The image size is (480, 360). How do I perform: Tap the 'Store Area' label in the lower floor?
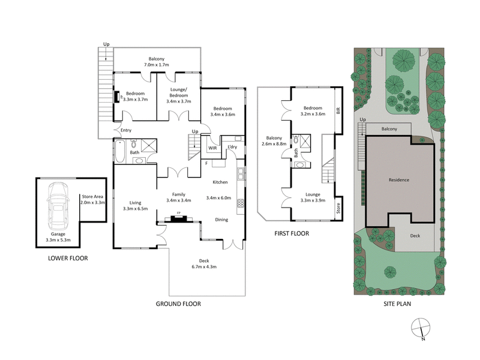(x=92, y=196)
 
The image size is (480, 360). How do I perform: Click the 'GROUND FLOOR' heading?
(x=178, y=304)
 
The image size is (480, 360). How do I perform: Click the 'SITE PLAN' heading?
(x=398, y=304)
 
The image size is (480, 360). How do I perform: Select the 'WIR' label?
(x=212, y=147)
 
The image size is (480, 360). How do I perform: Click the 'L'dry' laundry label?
(x=232, y=147)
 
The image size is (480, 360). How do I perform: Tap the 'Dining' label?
(x=221, y=220)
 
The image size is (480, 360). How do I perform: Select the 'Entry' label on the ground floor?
(x=126, y=130)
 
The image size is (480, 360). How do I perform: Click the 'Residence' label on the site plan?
(x=399, y=180)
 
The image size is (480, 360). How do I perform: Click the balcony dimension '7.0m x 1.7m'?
(x=157, y=65)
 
